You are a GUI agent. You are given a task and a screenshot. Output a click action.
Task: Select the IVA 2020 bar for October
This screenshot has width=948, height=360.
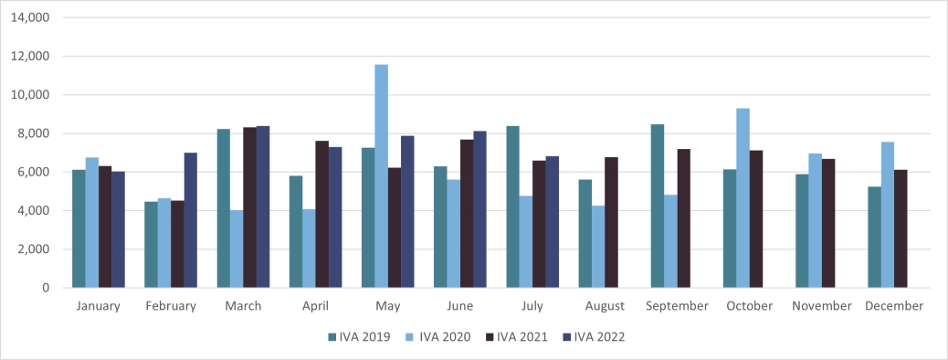pos(743,198)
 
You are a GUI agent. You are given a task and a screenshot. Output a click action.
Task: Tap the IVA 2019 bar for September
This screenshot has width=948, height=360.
pos(658,206)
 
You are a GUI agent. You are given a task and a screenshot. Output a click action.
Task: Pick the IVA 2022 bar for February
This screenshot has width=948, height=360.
pos(190,220)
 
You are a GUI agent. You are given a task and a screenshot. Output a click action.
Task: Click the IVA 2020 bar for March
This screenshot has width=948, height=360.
pos(237,249)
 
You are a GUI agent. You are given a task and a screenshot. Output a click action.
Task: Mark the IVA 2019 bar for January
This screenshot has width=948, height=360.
pos(79,228)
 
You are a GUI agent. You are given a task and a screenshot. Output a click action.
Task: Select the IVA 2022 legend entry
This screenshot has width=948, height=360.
pos(594,336)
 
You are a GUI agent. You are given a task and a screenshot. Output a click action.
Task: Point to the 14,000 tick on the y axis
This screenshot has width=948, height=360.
pos(31,17)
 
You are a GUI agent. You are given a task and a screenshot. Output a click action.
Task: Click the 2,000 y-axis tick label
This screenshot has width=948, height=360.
pos(35,249)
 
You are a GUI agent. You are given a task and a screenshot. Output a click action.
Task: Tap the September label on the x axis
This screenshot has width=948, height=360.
pos(677,306)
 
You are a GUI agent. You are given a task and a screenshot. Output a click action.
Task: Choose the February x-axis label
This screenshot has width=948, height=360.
pos(171,306)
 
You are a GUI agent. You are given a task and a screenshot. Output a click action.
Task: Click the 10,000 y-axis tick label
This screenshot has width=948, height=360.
pos(31,95)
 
